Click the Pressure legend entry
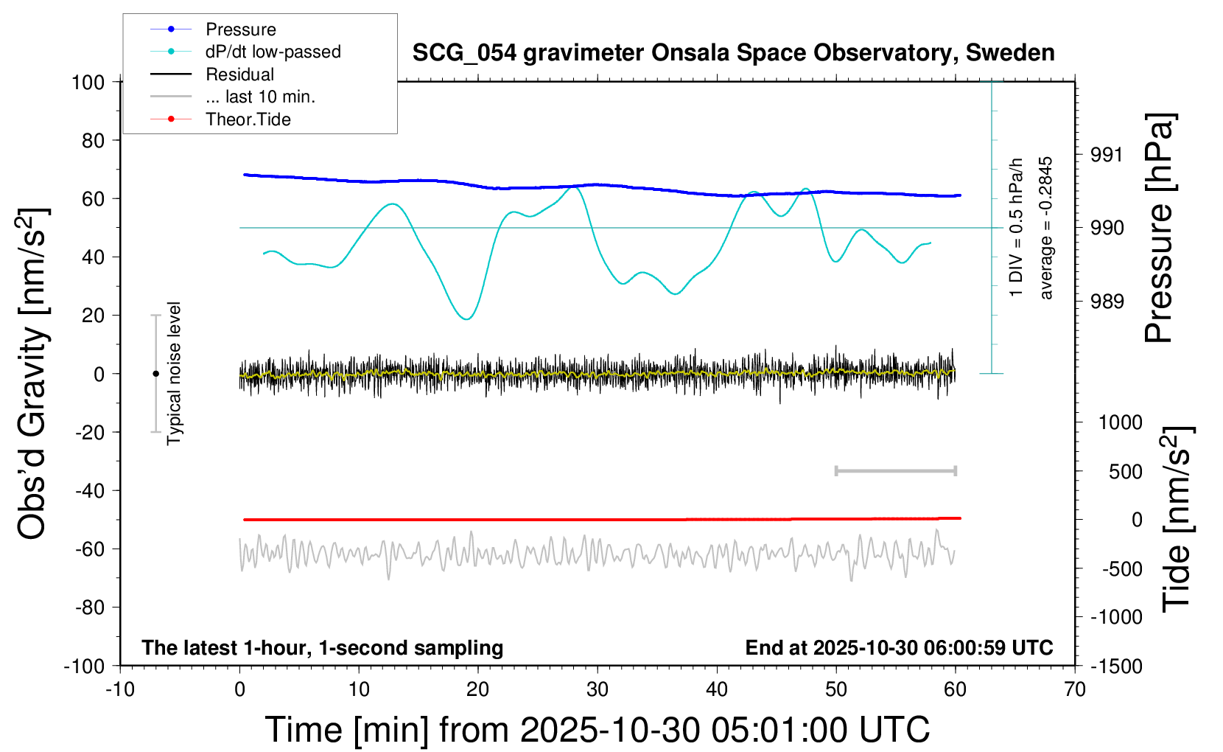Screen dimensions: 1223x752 point(214,29)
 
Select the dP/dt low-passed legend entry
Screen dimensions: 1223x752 point(245,52)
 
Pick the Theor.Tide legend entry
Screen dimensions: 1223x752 point(220,119)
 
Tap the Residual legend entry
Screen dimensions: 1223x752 point(212,74)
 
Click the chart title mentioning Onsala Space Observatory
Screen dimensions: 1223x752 point(733,53)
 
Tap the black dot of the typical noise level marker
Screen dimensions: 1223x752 point(155,374)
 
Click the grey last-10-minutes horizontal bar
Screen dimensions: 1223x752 point(895,471)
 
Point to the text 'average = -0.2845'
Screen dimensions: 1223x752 point(1045,228)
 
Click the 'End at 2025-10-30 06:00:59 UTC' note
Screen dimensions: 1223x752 point(900,648)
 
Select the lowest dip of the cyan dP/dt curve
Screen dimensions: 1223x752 point(467,318)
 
